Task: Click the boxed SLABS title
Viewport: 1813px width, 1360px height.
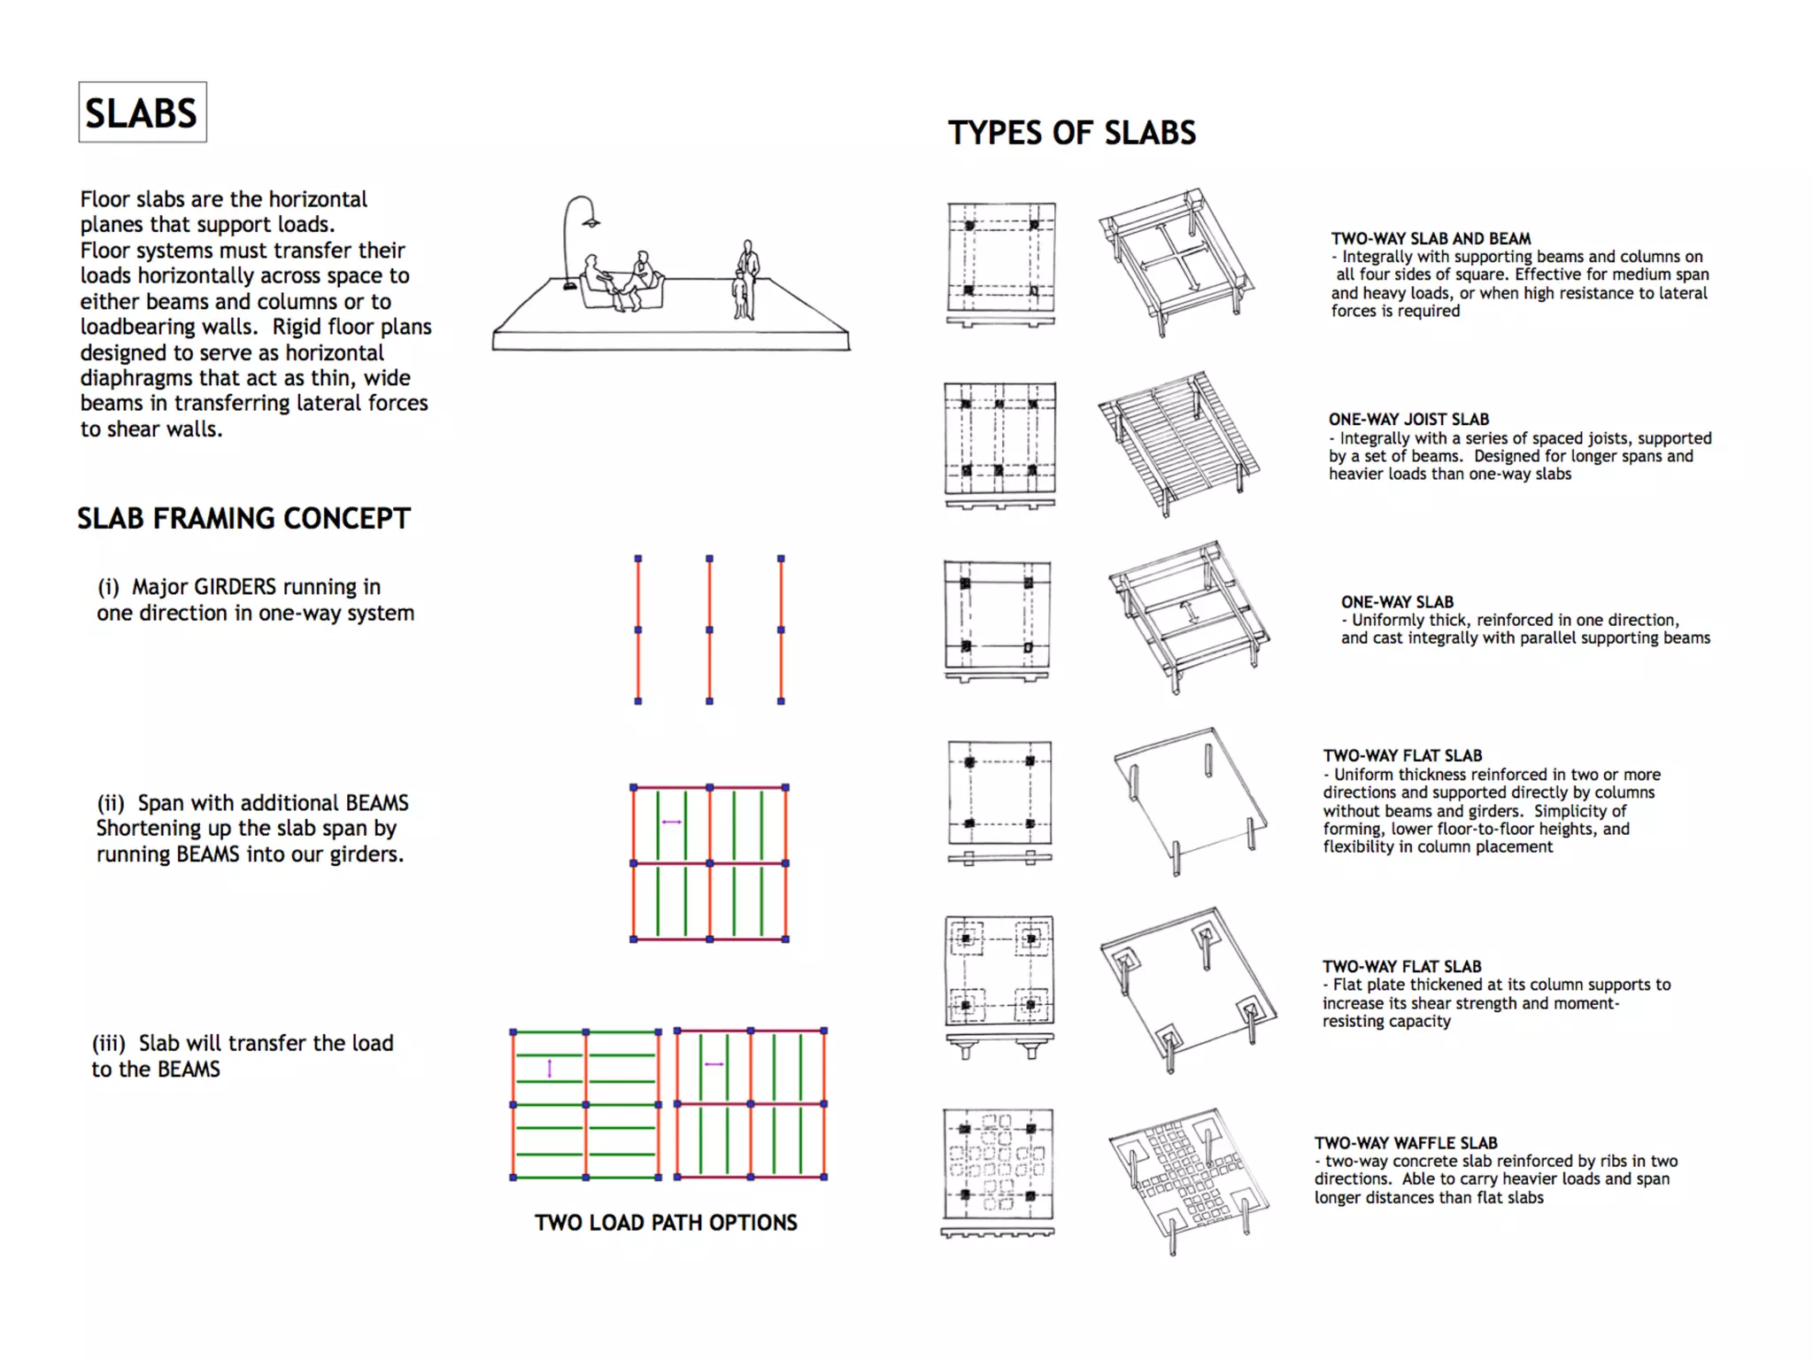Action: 142,112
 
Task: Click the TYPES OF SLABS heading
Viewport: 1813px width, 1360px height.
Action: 1071,133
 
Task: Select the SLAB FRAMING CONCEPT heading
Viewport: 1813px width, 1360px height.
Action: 243,518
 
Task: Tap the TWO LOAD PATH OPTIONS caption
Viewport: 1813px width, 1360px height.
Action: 666,1223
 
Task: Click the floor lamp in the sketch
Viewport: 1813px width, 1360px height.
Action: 575,239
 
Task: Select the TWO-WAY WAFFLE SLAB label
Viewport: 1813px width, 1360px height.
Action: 1405,1143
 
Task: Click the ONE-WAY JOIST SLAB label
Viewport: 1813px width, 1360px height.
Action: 1408,420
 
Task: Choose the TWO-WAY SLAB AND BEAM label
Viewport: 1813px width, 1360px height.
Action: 1431,239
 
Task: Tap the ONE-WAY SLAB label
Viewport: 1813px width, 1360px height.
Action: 1397,602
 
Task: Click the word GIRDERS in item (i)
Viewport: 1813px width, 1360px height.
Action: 235,587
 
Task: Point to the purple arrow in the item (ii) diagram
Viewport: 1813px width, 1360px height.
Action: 672,823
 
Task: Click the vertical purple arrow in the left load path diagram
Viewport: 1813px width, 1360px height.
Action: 550,1069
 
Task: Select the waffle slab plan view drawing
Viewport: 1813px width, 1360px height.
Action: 998,1165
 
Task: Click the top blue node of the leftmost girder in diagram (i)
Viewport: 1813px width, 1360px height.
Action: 638,559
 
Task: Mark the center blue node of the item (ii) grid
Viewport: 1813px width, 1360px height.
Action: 709,863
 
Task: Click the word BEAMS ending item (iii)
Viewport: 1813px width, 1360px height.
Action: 189,1070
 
